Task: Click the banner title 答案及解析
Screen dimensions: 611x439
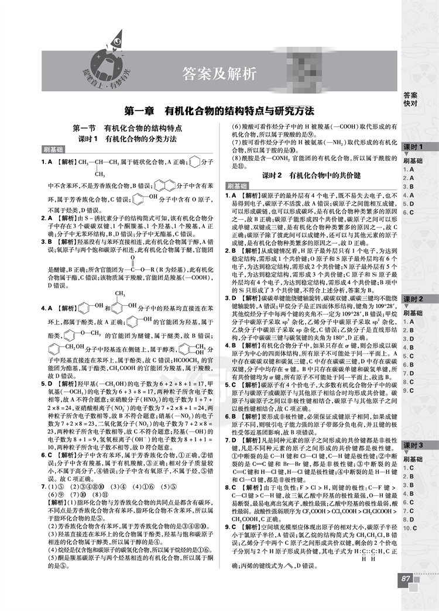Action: tap(220, 74)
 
